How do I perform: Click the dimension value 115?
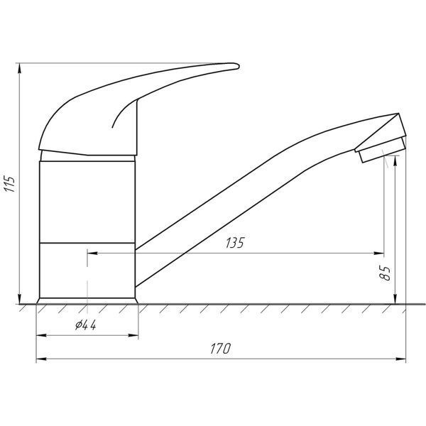tap(10, 184)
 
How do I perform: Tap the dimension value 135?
tap(235, 243)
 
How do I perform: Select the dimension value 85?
tap(385, 273)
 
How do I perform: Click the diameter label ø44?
tap(86, 325)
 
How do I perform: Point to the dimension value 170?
tap(220, 349)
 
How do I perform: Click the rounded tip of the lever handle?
tap(237, 66)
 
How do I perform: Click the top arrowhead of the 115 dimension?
tap(19, 68)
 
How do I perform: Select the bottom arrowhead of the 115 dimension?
tap(19, 299)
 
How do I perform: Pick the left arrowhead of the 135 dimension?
tap(92, 253)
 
